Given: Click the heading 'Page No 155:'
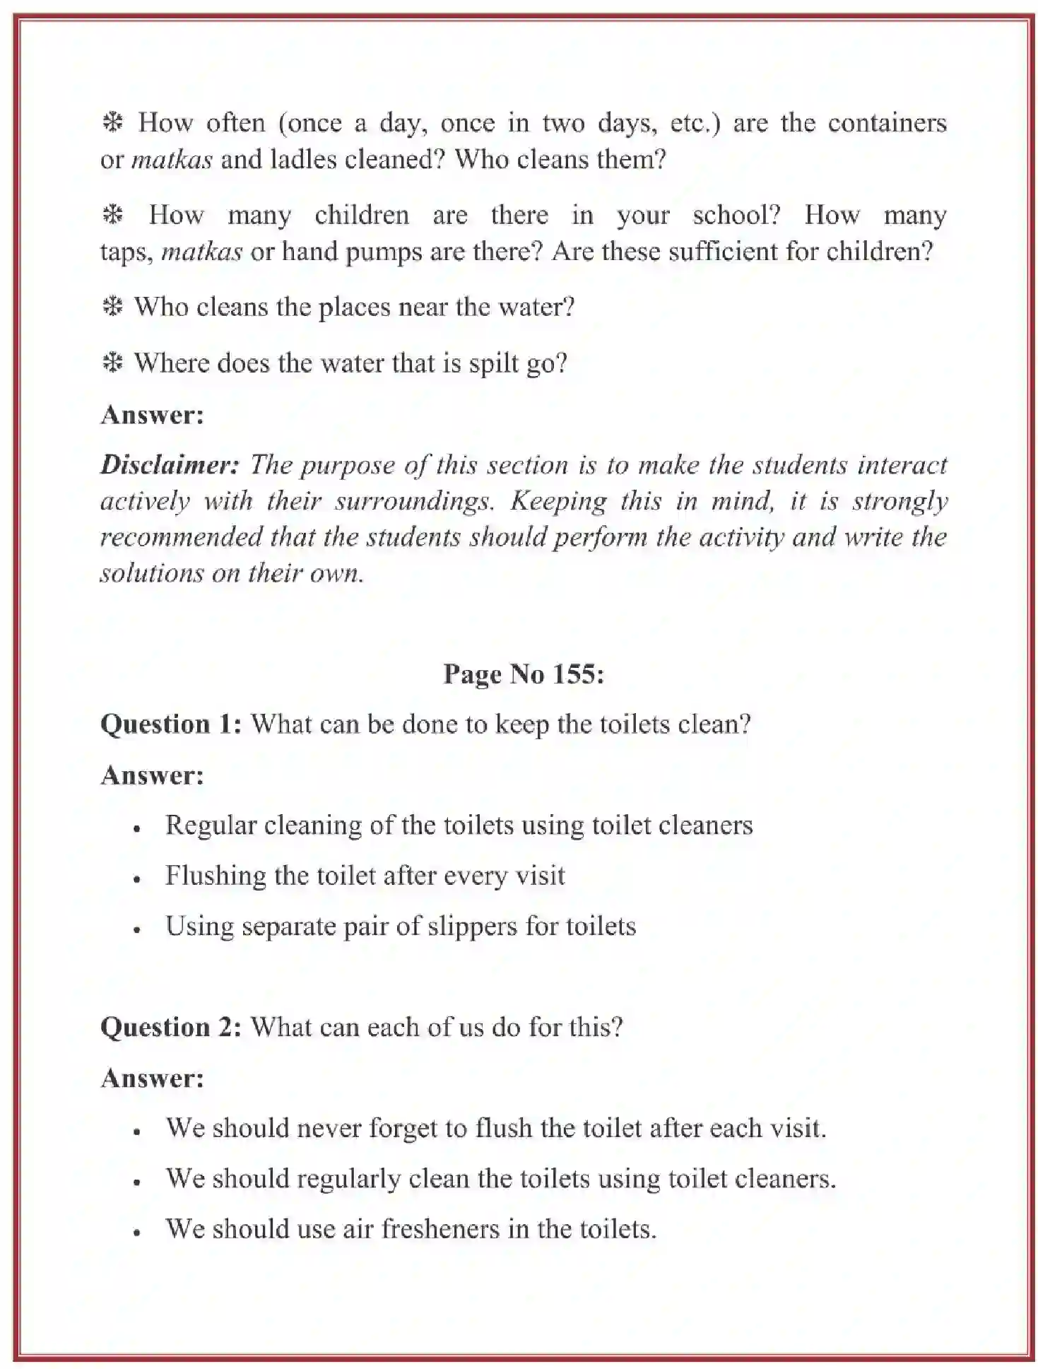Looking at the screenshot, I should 523,674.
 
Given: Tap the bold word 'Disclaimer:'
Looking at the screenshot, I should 170,464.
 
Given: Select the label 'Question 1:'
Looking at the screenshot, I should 171,724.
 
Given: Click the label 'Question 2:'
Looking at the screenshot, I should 171,1027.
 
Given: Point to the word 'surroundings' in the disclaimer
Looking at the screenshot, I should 413,500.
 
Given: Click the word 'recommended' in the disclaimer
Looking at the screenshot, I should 181,536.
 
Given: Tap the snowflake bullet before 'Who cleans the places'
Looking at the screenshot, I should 112,307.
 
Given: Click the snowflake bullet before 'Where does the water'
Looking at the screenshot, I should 112,363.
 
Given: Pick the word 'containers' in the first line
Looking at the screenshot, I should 887,123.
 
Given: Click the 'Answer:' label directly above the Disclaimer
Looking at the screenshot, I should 152,414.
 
